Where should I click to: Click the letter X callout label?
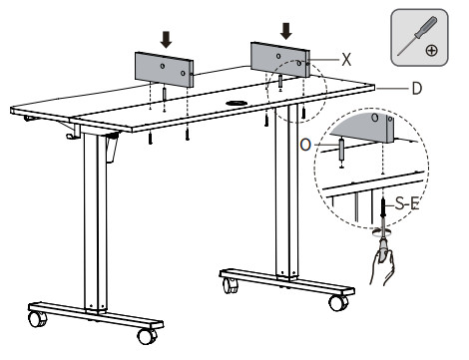pyautogui.click(x=346, y=60)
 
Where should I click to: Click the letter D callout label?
pyautogui.click(x=417, y=89)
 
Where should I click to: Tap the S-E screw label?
pyautogui.click(x=407, y=203)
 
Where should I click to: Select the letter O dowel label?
pyautogui.click(x=305, y=145)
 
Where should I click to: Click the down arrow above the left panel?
pyautogui.click(x=166, y=40)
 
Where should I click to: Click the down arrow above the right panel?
pyautogui.click(x=286, y=31)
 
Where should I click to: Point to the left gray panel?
pyautogui.click(x=164, y=70)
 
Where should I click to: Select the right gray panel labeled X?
pyautogui.click(x=280, y=60)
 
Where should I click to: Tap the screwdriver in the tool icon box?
pyautogui.click(x=417, y=36)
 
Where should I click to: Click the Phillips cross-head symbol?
pyautogui.click(x=431, y=51)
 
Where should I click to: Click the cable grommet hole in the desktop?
pyautogui.click(x=236, y=103)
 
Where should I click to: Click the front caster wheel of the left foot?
pyautogui.click(x=148, y=336)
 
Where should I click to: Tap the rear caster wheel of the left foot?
pyautogui.click(x=37, y=319)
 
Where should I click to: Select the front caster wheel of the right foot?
pyautogui.click(x=338, y=303)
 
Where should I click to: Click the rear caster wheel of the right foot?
pyautogui.click(x=231, y=285)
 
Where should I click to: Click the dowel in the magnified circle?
pyautogui.click(x=341, y=150)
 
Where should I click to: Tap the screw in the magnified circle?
pyautogui.click(x=383, y=206)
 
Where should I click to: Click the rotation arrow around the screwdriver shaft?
pyautogui.click(x=382, y=231)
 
